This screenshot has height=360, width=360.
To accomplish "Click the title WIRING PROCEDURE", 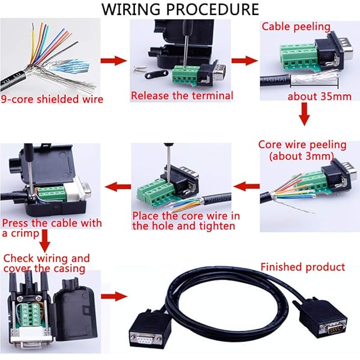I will click(180, 10).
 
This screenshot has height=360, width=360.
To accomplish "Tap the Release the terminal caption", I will click(182, 95).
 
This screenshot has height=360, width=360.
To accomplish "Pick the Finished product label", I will click(302, 267).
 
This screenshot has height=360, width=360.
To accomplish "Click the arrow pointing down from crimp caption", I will click(45, 242).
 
